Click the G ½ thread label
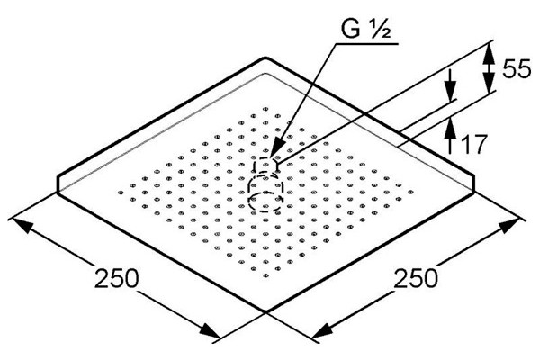(x=365, y=29)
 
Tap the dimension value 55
(x=517, y=69)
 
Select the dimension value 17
(x=473, y=144)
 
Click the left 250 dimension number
(x=116, y=278)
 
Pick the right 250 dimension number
(x=416, y=278)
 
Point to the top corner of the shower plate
(x=265, y=58)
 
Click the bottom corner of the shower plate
(x=265, y=311)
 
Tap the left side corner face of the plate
(x=58, y=184)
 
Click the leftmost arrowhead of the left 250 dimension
(x=22, y=226)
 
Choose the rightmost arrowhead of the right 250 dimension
(x=509, y=226)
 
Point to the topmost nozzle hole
(x=265, y=109)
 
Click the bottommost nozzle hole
(x=265, y=275)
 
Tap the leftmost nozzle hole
(x=121, y=193)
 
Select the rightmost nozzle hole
(x=410, y=192)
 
